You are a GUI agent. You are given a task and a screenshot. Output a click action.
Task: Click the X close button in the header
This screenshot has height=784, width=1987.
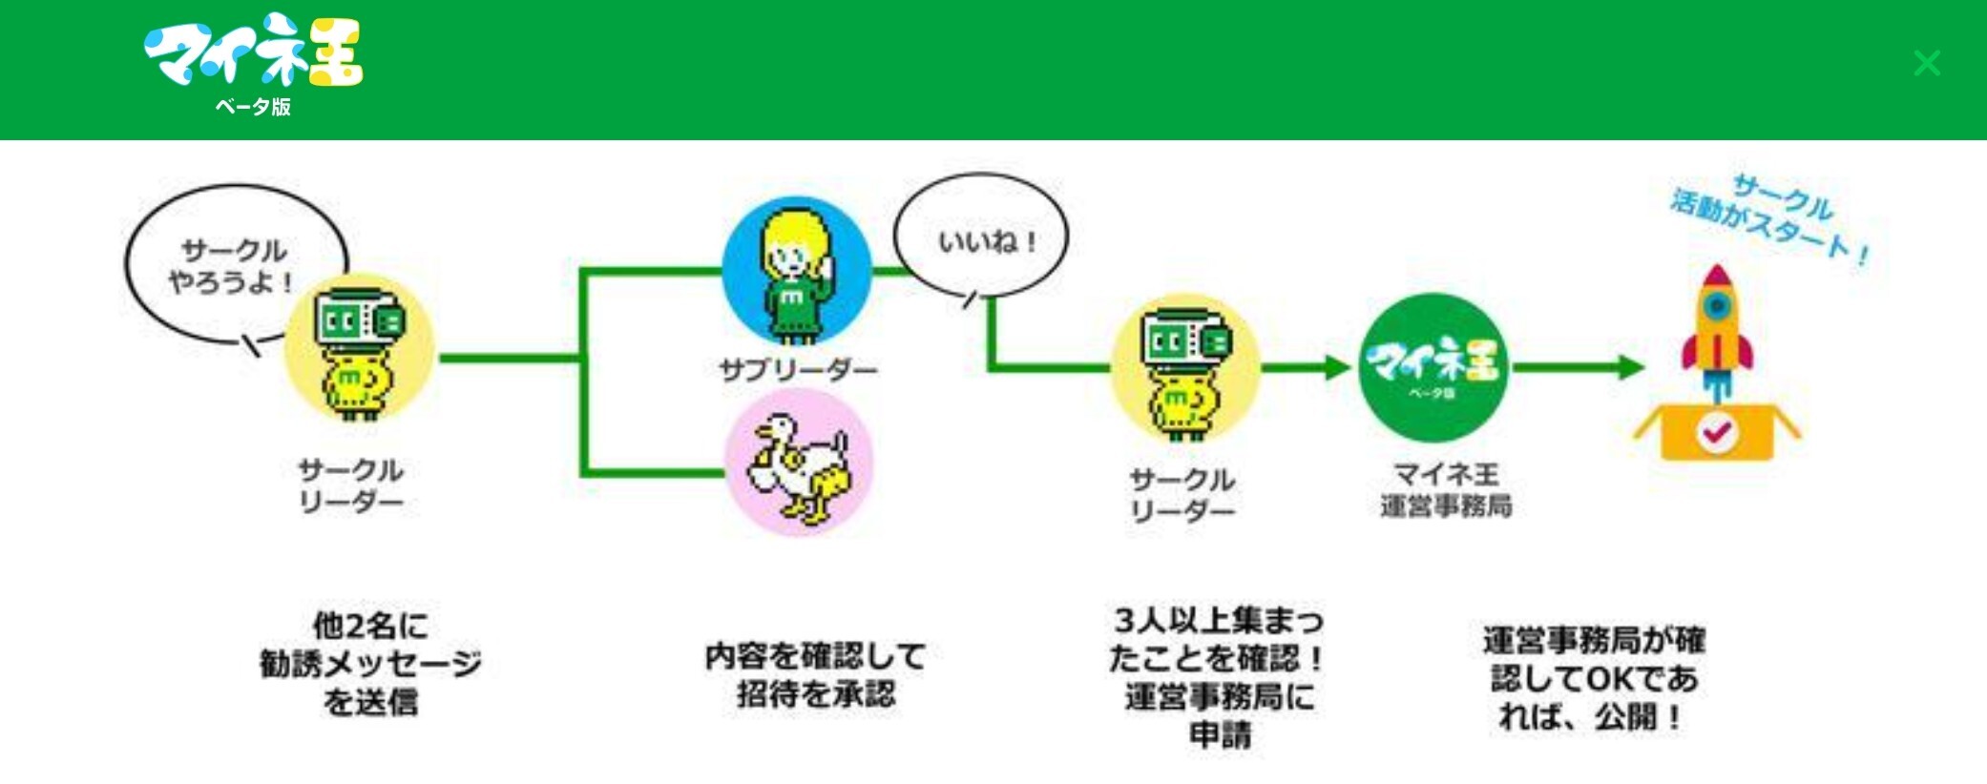(1927, 64)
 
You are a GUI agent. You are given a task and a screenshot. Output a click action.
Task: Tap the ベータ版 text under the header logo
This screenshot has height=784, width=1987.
(253, 107)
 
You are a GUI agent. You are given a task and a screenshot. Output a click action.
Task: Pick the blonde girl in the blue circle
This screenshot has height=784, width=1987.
(797, 272)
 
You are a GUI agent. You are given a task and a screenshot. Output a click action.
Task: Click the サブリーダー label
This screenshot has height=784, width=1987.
(798, 369)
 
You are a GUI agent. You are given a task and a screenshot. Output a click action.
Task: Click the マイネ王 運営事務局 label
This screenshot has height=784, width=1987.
(1446, 489)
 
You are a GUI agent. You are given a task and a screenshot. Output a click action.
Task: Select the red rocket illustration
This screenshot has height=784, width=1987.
(1717, 324)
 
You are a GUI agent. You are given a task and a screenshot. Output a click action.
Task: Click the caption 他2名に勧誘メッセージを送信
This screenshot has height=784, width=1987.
(370, 664)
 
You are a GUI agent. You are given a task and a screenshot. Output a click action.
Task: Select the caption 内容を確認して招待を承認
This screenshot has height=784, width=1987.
(816, 674)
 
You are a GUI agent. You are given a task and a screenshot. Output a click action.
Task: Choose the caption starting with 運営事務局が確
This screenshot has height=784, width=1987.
(1594, 677)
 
